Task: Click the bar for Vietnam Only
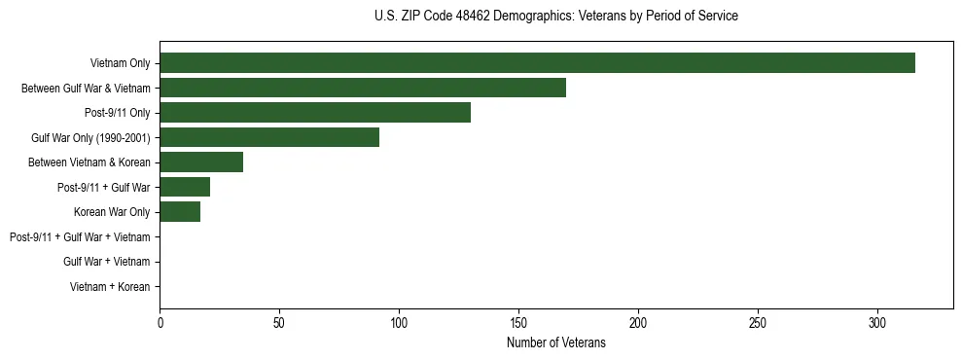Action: (x=537, y=63)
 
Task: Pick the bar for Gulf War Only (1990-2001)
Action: (x=269, y=138)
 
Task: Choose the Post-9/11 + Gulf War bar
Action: (x=185, y=188)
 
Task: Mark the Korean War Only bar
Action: (x=180, y=212)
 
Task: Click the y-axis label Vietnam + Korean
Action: (x=110, y=287)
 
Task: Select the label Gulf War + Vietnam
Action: (x=106, y=262)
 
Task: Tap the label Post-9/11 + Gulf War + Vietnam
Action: (x=80, y=237)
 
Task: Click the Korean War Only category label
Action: (x=112, y=212)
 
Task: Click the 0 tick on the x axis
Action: (x=160, y=322)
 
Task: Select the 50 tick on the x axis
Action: (x=279, y=322)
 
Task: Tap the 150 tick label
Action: (x=518, y=322)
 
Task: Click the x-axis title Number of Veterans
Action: (x=555, y=342)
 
